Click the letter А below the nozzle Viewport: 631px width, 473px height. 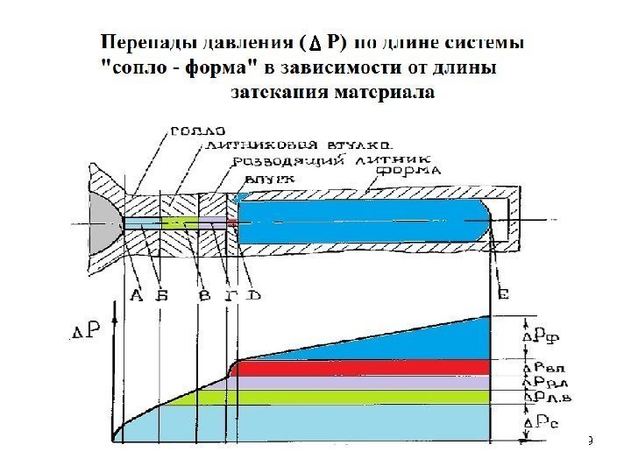[137, 295]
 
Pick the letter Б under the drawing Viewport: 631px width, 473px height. [162, 295]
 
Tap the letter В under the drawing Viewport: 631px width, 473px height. [204, 295]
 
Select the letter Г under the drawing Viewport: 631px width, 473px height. [230, 295]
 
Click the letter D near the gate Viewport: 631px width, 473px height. [252, 294]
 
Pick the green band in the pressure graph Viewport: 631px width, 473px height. [351, 397]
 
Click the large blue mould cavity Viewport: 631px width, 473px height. [359, 222]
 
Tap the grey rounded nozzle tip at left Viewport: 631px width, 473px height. [104, 220]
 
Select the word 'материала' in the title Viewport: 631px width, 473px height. [384, 91]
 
